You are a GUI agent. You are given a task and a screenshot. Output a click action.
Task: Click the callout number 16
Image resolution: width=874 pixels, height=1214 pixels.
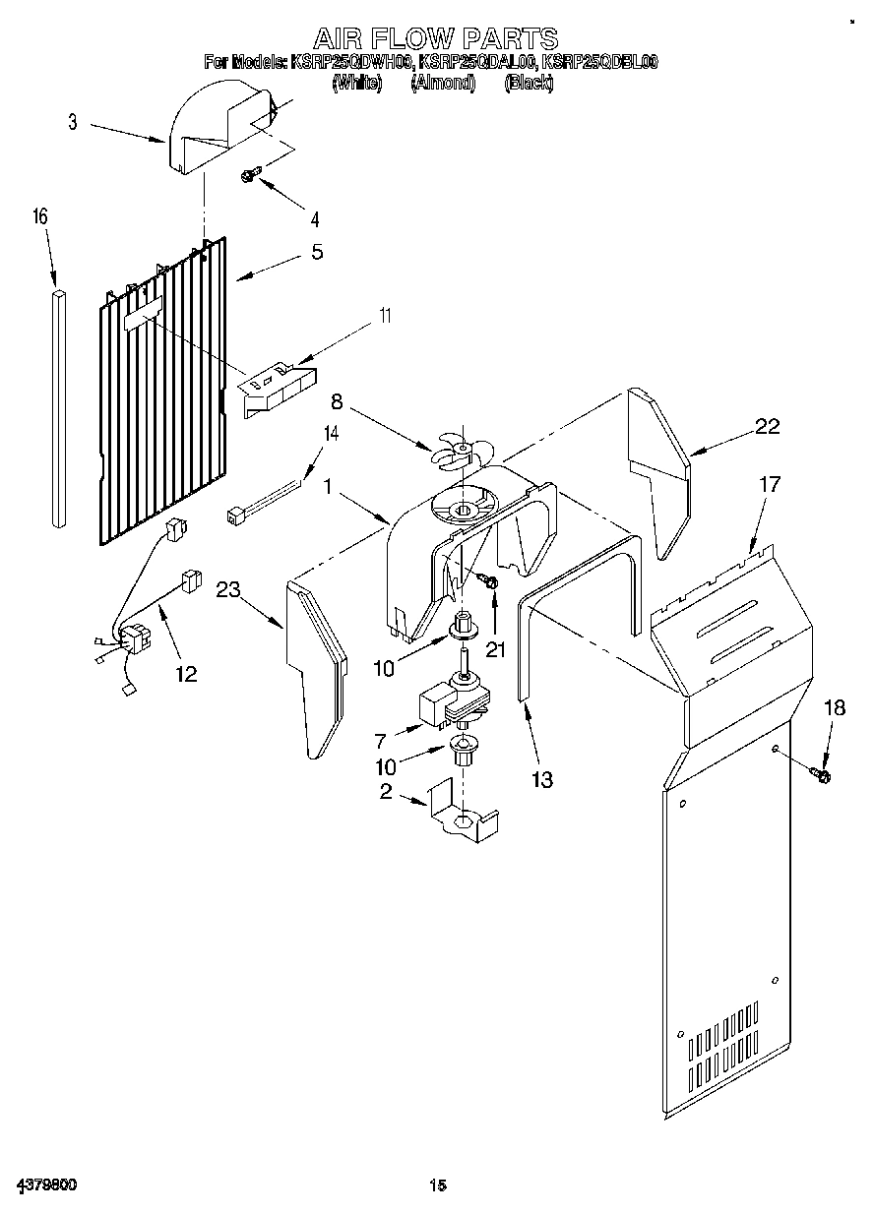(39, 217)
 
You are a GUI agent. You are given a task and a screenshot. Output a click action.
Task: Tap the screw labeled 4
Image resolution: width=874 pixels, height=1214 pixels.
(249, 176)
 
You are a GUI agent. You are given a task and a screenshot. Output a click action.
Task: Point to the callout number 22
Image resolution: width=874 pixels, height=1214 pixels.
(767, 426)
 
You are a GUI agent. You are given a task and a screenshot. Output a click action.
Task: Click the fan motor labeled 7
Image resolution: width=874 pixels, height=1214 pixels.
(448, 700)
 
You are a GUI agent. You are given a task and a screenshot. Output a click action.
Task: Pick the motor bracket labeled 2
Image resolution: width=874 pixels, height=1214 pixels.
(463, 814)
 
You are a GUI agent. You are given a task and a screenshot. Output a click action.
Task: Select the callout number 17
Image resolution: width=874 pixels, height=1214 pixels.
(770, 484)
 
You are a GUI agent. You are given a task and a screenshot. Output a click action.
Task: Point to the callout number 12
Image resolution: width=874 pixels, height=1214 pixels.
(185, 674)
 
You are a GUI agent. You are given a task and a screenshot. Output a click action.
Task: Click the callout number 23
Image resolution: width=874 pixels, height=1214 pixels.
(228, 589)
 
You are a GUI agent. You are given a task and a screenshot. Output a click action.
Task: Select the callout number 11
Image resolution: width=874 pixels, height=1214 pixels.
(385, 317)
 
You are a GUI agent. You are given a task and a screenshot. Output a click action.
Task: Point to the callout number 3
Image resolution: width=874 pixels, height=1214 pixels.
(73, 123)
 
